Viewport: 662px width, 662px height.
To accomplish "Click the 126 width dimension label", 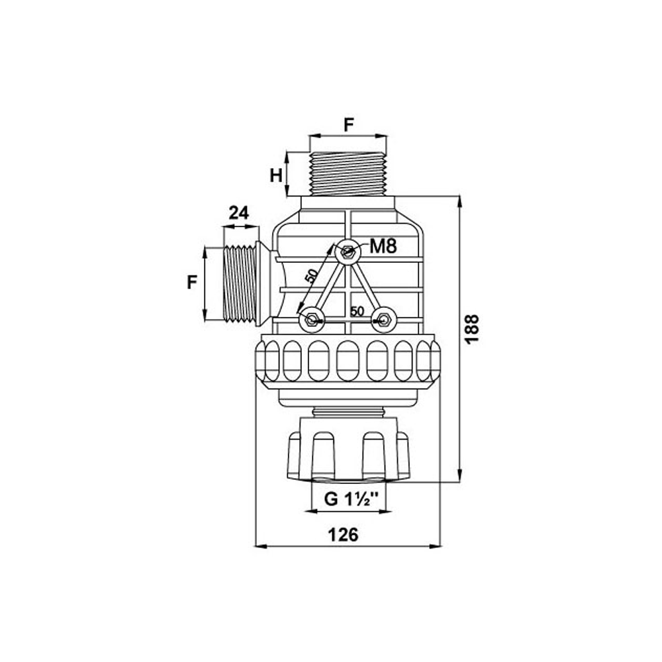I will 344,535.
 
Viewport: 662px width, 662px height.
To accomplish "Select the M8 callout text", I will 383,248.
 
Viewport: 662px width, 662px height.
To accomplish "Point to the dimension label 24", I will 238,213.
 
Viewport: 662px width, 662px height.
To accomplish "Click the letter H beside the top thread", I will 277,175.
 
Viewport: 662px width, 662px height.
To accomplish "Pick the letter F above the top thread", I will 348,123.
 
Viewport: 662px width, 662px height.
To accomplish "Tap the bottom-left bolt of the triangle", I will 310,321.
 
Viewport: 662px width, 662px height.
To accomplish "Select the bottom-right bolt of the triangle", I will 383,321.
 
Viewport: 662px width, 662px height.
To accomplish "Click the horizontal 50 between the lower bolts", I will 357,311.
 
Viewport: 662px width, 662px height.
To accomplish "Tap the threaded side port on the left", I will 240,284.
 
